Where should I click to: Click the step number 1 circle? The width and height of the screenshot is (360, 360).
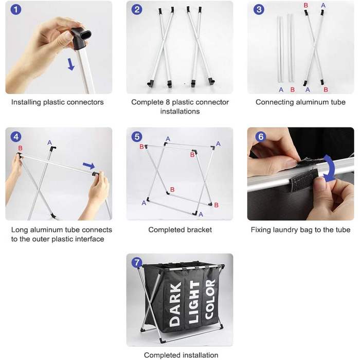pyautogui.click(x=16, y=10)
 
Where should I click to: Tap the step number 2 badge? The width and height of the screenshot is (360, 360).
pyautogui.click(x=137, y=10)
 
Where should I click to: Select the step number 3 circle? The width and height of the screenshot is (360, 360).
pyautogui.click(x=259, y=10)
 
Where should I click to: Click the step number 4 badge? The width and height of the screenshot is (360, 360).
pyautogui.click(x=16, y=137)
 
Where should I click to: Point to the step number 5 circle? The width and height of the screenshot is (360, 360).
pyautogui.click(x=137, y=137)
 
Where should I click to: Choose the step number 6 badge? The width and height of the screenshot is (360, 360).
pyautogui.click(x=261, y=137)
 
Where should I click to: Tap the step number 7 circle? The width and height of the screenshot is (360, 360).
pyautogui.click(x=137, y=262)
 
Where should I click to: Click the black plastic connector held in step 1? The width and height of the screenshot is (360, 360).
pyautogui.click(x=80, y=38)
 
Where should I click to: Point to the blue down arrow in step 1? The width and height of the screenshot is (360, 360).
pyautogui.click(x=71, y=64)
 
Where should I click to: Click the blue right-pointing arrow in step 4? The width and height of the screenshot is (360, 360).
pyautogui.click(x=89, y=165)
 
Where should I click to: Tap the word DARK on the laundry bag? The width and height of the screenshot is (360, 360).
pyautogui.click(x=175, y=304)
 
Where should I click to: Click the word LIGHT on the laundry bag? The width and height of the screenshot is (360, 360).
pyautogui.click(x=194, y=302)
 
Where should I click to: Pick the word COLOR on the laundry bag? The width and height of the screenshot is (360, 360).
pyautogui.click(x=210, y=299)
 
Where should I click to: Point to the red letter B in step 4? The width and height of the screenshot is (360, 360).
pyautogui.click(x=20, y=148)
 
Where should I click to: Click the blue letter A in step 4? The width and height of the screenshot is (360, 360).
pyautogui.click(x=49, y=142)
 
